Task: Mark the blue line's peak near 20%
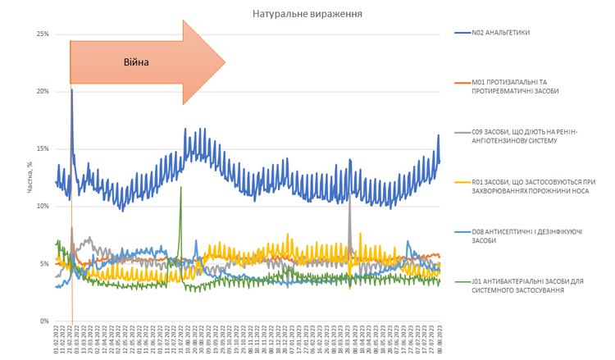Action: point(72,90)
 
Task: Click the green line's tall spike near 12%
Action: point(180,188)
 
